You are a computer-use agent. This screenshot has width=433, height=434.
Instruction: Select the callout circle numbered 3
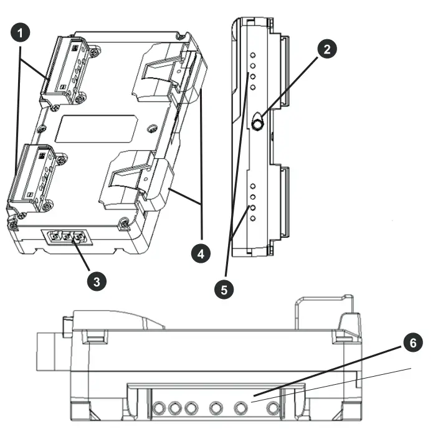[95, 281]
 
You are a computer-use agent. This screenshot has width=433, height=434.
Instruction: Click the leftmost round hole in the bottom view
[159, 408]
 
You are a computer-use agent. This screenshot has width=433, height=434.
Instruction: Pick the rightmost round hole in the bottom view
[272, 408]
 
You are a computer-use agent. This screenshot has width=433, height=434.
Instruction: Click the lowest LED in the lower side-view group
[253, 219]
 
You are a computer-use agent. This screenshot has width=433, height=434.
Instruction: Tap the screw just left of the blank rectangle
[42, 129]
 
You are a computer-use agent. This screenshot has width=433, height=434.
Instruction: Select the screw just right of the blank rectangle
[151, 130]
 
